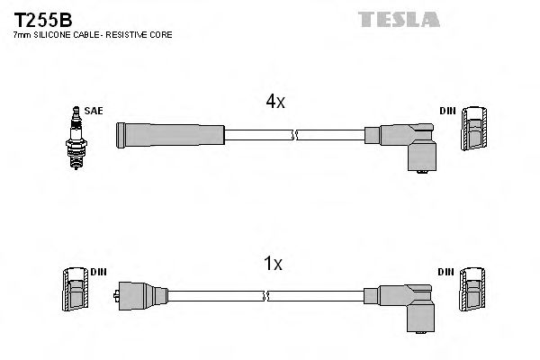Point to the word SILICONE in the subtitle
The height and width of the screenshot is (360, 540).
pyautogui.click(x=56, y=34)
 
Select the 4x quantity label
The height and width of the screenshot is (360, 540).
pyautogui.click(x=274, y=103)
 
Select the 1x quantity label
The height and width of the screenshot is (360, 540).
pyautogui.click(x=274, y=264)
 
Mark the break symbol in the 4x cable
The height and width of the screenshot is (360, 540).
pyautogui.click(x=293, y=135)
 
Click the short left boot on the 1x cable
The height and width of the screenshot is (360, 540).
pyautogui.click(x=142, y=294)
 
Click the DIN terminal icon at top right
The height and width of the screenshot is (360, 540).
pyautogui.click(x=474, y=131)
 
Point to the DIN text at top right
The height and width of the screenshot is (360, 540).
pyautogui.click(x=447, y=111)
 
